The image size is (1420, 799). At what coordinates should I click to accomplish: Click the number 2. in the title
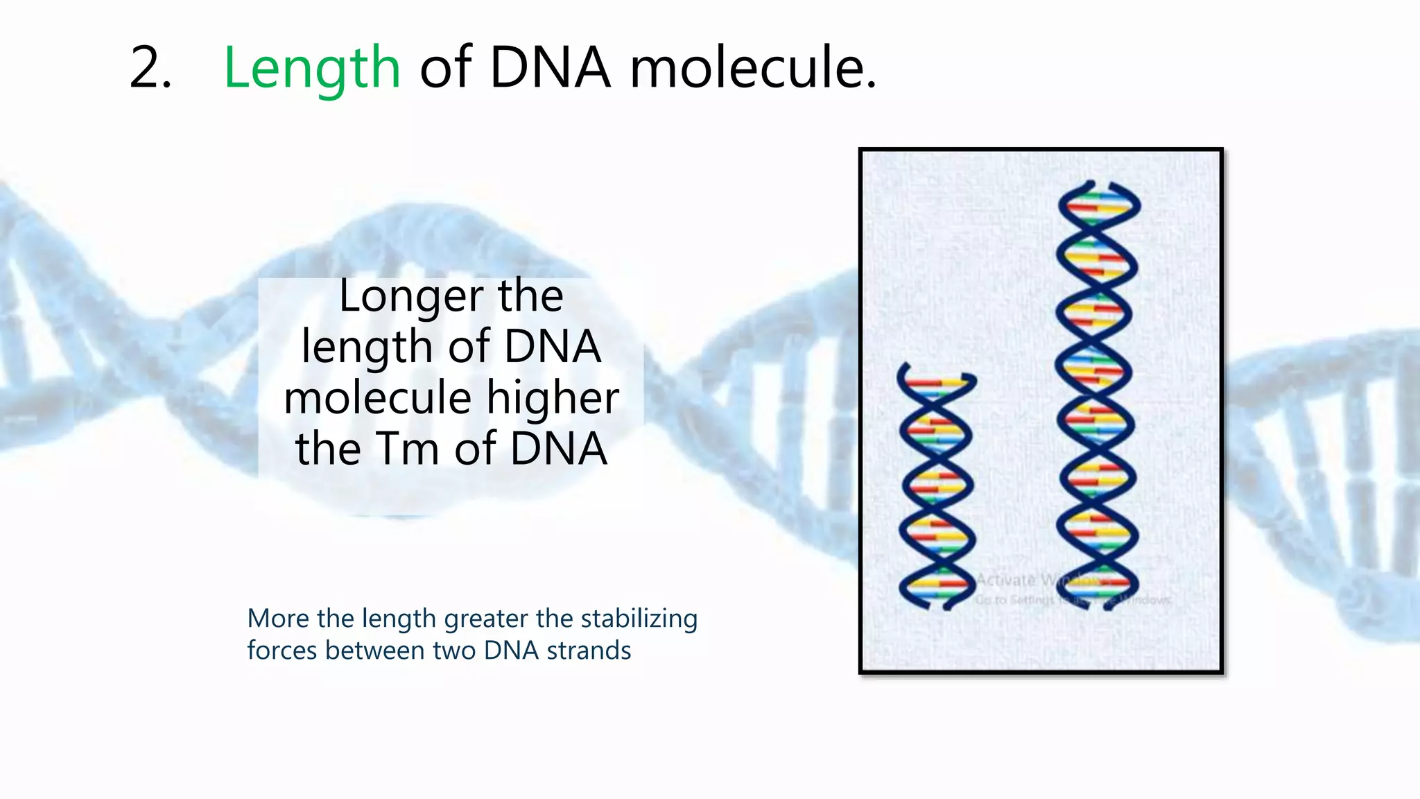pos(150,68)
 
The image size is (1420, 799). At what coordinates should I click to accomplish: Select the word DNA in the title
pos(550,68)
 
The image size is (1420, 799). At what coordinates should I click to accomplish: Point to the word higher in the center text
pos(552,398)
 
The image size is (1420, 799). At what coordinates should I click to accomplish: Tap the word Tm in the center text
pos(405,449)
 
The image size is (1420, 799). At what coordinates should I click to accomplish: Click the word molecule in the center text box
pos(378,398)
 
